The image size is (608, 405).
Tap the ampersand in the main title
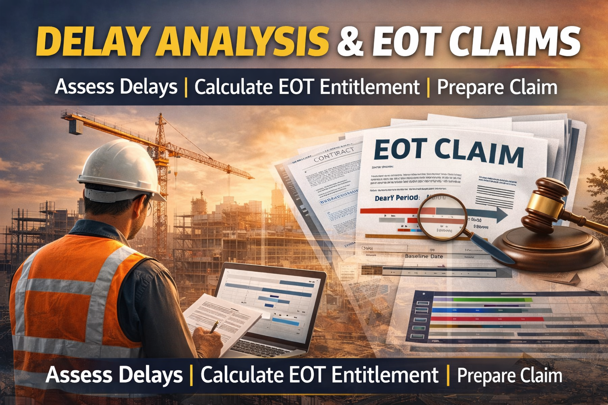click(350, 42)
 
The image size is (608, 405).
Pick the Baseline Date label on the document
click(424, 256)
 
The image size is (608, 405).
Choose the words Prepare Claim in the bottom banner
click(509, 375)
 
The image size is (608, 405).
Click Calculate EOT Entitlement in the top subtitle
click(307, 87)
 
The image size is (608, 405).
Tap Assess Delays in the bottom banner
click(114, 375)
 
